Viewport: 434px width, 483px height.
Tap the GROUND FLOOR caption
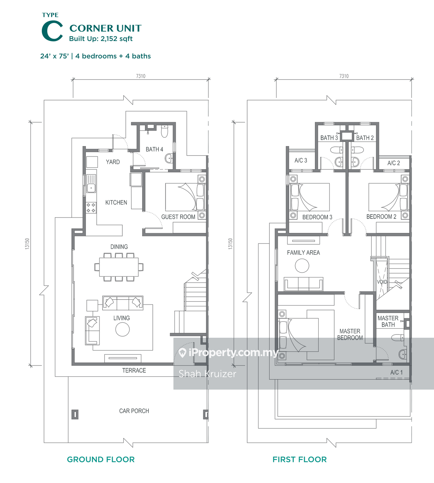tap(101, 459)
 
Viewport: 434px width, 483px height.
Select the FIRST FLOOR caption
tap(300, 459)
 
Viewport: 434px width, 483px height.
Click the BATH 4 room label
tap(154, 149)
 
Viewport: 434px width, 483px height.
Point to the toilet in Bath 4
tap(165, 131)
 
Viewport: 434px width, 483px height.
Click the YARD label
tap(113, 162)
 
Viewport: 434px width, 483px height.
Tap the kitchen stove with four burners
tap(91, 208)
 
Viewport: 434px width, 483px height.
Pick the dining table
tap(119, 267)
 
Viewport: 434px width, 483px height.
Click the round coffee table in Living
tap(123, 329)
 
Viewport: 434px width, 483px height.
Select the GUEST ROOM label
tap(178, 217)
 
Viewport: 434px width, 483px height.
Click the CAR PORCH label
tap(134, 411)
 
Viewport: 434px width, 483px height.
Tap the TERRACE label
tap(134, 371)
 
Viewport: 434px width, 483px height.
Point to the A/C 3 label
tap(301, 161)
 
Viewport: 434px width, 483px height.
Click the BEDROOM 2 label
tap(381, 217)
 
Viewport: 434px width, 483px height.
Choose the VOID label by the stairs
tap(382, 282)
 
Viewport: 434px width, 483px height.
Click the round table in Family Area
tap(302, 266)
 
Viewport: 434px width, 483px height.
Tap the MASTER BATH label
tap(388, 321)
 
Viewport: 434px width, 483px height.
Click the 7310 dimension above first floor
tap(344, 76)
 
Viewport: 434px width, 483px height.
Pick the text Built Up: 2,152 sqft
tap(101, 39)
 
